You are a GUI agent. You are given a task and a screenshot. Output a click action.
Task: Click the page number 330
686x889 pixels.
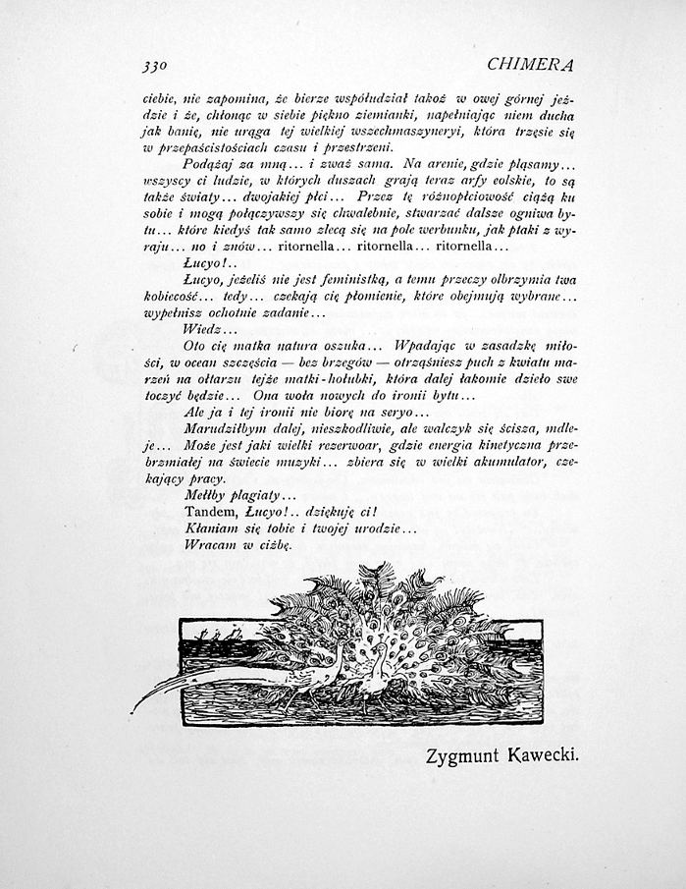(x=154, y=66)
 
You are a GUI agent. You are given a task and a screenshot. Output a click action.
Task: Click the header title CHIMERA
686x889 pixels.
(x=530, y=65)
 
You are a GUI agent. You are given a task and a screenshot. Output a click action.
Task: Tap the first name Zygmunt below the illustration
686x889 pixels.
(x=464, y=756)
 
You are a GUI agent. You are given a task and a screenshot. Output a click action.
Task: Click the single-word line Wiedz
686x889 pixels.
(x=203, y=328)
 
